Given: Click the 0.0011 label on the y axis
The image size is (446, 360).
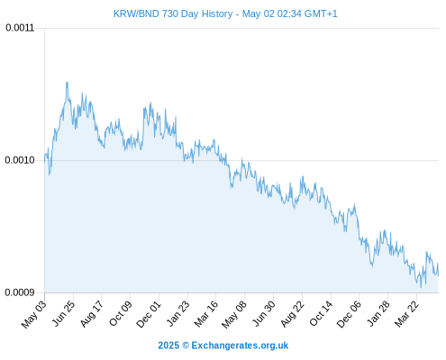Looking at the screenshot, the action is pyautogui.click(x=20, y=28).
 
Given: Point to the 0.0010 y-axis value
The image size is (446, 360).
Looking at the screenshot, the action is pyautogui.click(x=20, y=160).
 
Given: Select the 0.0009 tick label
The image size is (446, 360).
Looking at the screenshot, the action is pyautogui.click(x=20, y=292).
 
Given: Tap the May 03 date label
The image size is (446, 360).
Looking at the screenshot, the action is pyautogui.click(x=34, y=314).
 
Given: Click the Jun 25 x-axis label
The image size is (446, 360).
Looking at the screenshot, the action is pyautogui.click(x=63, y=313).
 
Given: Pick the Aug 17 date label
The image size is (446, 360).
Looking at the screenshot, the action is pyautogui.click(x=92, y=314).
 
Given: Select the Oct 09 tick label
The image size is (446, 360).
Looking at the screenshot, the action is pyautogui.click(x=121, y=314).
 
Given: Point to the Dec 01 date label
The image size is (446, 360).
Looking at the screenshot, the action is pyautogui.click(x=149, y=314).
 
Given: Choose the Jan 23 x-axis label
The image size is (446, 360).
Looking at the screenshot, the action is pyautogui.click(x=178, y=313).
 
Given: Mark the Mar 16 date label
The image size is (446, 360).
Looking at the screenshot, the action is pyautogui.click(x=205, y=314).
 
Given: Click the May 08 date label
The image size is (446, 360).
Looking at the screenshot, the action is pyautogui.click(x=234, y=314).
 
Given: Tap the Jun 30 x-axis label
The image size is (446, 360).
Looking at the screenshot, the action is pyautogui.click(x=264, y=313).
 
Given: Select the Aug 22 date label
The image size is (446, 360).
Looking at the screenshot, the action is pyautogui.click(x=292, y=314).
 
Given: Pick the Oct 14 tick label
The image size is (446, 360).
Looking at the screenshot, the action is pyautogui.click(x=321, y=314).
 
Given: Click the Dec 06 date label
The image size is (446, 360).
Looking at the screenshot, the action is pyautogui.click(x=349, y=314).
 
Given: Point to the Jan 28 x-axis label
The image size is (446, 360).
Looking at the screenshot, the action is pyautogui.click(x=378, y=313).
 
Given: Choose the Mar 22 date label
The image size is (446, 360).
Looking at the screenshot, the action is pyautogui.click(x=406, y=314).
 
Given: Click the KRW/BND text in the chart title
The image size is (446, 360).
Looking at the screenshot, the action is pyautogui.click(x=136, y=13).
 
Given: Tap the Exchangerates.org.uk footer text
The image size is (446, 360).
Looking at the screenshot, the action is pyautogui.click(x=240, y=346).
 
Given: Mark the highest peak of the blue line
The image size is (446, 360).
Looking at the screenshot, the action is pyautogui.click(x=67, y=82).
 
